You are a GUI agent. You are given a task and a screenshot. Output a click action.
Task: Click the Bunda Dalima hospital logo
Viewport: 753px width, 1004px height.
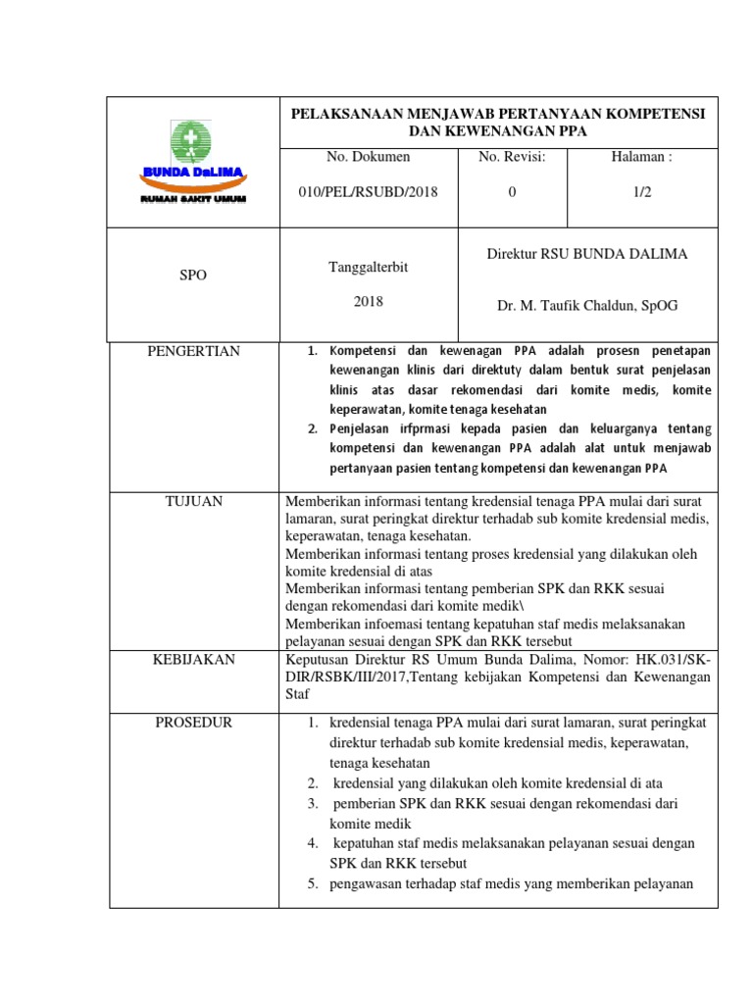point(193,162)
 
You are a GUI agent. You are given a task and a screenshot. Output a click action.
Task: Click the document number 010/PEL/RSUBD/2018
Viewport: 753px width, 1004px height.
point(368,192)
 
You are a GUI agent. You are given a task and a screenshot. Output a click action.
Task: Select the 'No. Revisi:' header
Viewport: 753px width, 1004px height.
point(511,157)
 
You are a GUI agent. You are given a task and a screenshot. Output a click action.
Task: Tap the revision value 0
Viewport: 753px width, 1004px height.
point(511,192)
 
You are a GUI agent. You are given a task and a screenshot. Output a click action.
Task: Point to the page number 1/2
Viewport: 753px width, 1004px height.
point(642,192)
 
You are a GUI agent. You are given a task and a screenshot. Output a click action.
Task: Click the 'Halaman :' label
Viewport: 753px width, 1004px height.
point(642,157)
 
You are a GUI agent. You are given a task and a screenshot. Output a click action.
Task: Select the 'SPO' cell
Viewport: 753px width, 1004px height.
point(193,276)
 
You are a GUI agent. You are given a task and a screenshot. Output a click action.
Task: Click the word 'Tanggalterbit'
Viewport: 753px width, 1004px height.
point(368,266)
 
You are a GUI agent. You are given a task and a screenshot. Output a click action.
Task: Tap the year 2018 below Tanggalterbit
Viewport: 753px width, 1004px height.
point(368,302)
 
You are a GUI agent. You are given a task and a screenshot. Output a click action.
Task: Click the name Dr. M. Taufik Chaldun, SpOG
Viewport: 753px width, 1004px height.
point(587,306)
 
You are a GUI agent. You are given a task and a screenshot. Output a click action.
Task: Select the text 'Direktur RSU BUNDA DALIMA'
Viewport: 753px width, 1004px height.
point(587,254)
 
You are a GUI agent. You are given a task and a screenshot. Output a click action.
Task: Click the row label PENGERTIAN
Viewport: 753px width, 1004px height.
point(193,351)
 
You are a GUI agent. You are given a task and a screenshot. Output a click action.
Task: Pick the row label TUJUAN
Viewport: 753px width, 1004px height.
point(193,501)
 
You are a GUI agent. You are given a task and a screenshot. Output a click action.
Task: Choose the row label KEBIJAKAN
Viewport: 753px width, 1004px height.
point(193,660)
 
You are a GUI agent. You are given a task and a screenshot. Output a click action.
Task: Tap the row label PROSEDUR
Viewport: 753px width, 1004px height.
point(193,723)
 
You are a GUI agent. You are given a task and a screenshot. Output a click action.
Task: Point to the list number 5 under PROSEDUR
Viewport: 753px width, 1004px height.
point(311,883)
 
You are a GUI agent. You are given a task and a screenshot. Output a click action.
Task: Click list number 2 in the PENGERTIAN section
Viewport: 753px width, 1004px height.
point(312,429)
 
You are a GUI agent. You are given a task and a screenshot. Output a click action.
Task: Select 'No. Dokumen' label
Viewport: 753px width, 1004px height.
point(368,157)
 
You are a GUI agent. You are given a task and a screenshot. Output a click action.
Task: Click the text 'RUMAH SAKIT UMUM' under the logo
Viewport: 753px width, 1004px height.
point(193,199)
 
